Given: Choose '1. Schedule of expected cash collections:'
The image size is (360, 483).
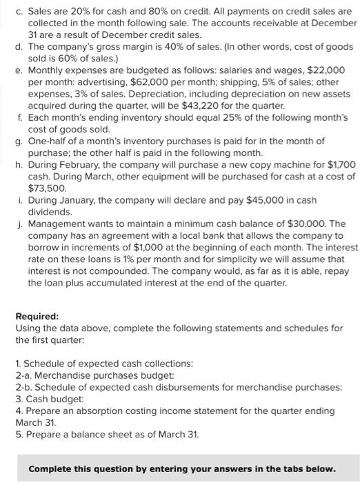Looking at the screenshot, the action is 104,363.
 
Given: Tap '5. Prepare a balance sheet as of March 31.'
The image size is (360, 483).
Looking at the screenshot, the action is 101,434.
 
